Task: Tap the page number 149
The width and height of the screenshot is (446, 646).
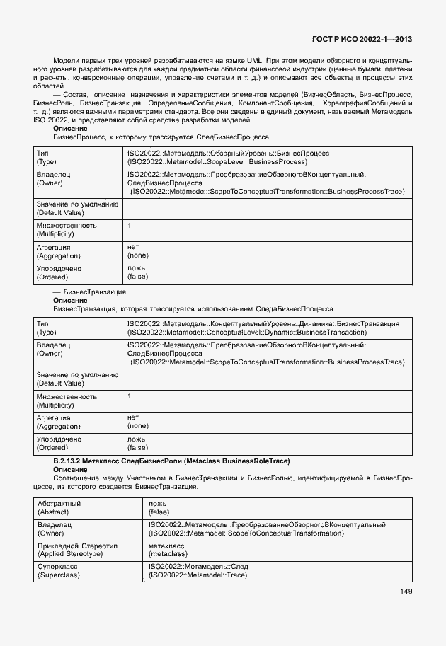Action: (x=405, y=591)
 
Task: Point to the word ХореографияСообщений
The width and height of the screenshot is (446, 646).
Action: (x=367, y=103)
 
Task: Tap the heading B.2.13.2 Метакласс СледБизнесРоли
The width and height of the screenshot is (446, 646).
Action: (x=171, y=461)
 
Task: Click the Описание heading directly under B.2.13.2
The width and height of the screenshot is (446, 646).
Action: (x=70, y=470)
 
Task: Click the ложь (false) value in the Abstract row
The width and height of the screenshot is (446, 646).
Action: (x=159, y=507)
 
